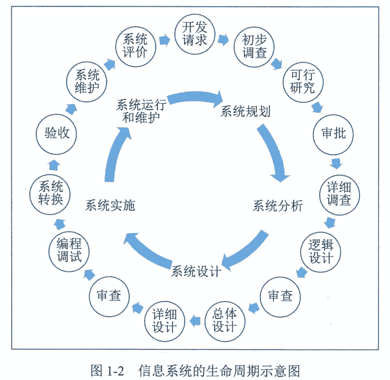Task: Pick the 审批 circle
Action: pyautogui.click(x=333, y=134)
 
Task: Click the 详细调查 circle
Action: pyautogui.click(x=339, y=193)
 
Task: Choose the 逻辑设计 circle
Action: pyautogui.click(x=321, y=251)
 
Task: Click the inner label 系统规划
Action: pyautogui.click(x=245, y=111)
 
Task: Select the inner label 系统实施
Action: pyautogui.click(x=110, y=206)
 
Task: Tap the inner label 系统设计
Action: pyautogui.click(x=196, y=272)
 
